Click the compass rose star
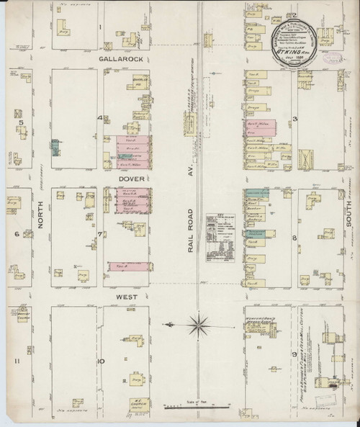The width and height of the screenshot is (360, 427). (x=199, y=325)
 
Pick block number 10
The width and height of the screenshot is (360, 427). (x=102, y=360)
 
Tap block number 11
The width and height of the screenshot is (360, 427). (x=22, y=360)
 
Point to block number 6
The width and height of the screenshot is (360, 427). (x=15, y=234)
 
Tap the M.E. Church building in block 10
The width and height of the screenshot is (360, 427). (x=133, y=402)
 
